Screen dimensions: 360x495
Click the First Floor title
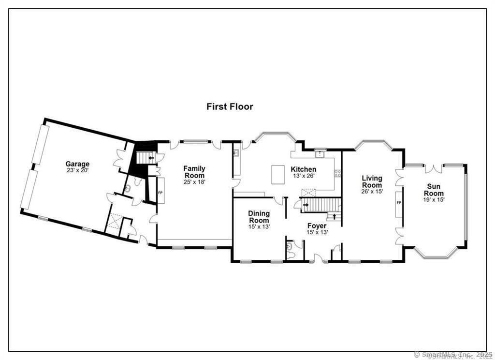[230, 106]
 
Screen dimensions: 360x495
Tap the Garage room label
[78, 164]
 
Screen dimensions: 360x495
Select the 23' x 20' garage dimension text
[78, 170]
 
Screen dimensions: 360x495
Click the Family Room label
[194, 172]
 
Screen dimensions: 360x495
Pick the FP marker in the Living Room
[399, 203]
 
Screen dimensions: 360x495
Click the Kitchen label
[303, 169]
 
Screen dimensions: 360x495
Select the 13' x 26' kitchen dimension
[304, 176]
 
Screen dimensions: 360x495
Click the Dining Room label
[259, 217]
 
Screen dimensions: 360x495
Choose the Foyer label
[317, 225]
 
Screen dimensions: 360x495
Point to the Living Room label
[372, 182]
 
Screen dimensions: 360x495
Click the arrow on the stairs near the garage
[151, 157]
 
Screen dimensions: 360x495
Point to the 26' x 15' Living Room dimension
[372, 192]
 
